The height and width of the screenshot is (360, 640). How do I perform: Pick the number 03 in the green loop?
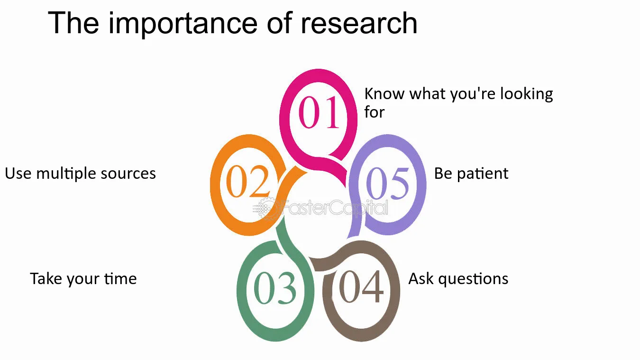(x=275, y=289)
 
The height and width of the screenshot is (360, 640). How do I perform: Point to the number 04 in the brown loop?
(x=361, y=287)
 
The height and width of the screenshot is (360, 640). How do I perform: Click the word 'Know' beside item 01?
(x=384, y=94)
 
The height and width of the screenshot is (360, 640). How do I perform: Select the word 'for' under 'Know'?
(x=374, y=112)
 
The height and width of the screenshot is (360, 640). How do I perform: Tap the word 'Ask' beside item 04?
(x=421, y=278)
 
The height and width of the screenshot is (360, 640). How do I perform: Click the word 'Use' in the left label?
(x=18, y=174)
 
